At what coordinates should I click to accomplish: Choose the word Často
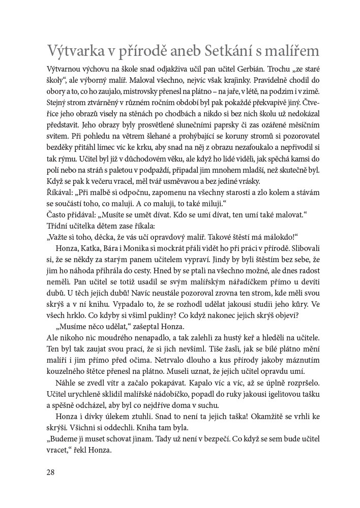[x=57, y=214]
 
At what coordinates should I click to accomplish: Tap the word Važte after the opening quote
[x=62, y=237]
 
